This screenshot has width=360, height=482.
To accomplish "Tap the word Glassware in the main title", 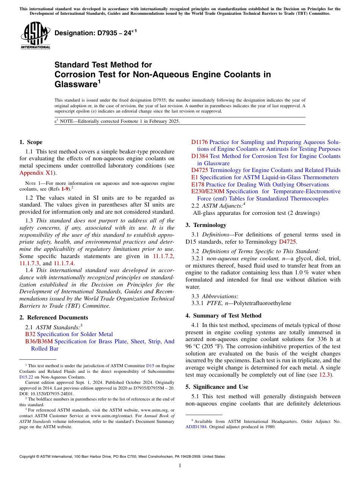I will (x=75, y=84).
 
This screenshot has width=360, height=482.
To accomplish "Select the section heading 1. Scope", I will (x=31, y=142).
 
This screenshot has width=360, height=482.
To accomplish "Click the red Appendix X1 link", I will (x=36, y=173).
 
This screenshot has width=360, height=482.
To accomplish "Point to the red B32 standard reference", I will (x=30, y=334).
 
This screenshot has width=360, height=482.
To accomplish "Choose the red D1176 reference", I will (x=199, y=142).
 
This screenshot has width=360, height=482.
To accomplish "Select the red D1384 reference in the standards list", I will (x=199, y=156).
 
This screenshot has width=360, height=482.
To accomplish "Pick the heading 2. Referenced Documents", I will (x=53, y=318).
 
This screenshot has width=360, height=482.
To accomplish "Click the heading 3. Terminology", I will (x=206, y=225).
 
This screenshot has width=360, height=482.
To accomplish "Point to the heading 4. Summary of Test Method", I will (x=223, y=316).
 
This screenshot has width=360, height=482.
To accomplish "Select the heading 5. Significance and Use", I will (x=217, y=387).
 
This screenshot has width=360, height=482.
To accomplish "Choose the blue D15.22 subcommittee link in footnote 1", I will (x=26, y=377).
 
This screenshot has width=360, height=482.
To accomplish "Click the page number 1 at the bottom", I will (x=180, y=466).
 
